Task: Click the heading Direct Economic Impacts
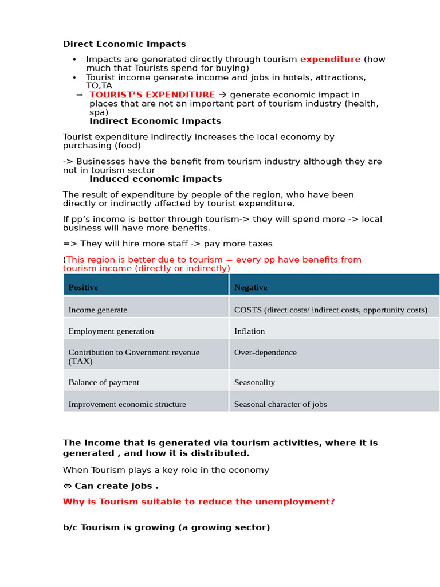click(124, 44)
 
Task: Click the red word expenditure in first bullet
click(330, 60)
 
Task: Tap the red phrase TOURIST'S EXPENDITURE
click(152, 95)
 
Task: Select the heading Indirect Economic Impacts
click(155, 122)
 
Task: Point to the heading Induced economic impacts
click(155, 179)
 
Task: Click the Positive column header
click(83, 288)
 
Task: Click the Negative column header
click(250, 288)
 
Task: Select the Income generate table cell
click(98, 310)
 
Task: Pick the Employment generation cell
click(111, 331)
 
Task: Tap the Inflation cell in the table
click(249, 331)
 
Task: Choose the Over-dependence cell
click(265, 353)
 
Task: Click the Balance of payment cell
click(104, 382)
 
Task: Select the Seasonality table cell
click(254, 382)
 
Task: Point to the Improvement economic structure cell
click(127, 404)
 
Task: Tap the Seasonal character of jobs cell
click(280, 404)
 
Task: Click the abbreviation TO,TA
click(99, 86)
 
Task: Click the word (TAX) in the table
click(80, 362)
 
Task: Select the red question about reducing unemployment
click(199, 502)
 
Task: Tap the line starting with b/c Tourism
click(166, 527)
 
